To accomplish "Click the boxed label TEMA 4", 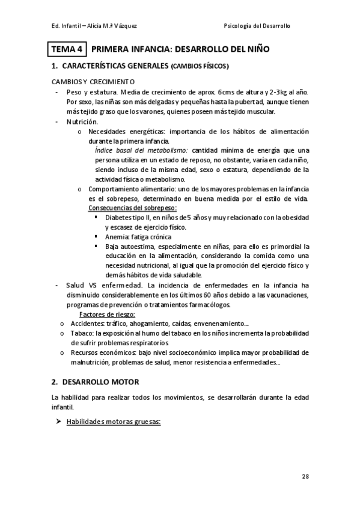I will [68, 49].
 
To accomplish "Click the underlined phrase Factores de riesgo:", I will [108, 315].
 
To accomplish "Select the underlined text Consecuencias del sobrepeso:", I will [132, 207].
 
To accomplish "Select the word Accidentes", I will [86, 324].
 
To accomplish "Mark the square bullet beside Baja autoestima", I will [96, 246].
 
